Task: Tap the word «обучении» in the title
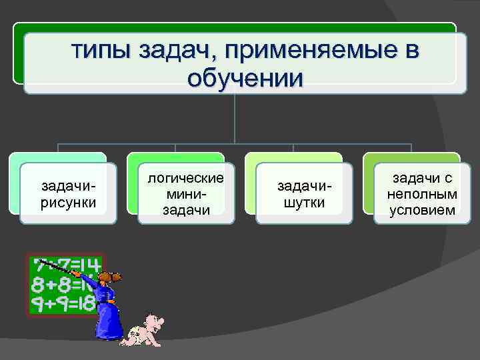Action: [x=245, y=79]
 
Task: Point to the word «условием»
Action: [x=422, y=210]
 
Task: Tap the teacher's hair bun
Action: [x=119, y=275]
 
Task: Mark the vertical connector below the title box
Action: [x=235, y=117]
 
